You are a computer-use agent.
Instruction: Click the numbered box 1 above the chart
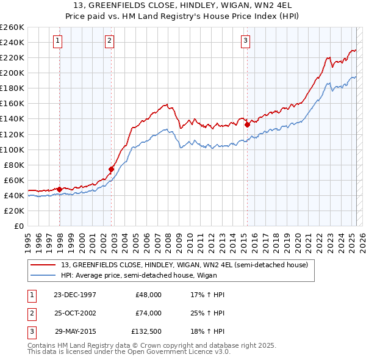pos(57,41)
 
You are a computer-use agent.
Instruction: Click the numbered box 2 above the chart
pos(109,41)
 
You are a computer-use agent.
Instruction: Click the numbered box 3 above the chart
pos(245,41)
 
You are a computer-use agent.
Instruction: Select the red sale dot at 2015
pos(247,124)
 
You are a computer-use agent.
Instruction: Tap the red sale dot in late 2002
pos(112,169)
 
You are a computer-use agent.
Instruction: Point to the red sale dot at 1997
pos(60,189)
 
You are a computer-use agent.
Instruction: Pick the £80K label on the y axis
pos(14,165)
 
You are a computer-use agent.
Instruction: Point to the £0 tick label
pos(19,226)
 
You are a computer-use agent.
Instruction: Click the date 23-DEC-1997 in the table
pos(74,295)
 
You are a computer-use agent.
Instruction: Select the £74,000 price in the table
pos(148,313)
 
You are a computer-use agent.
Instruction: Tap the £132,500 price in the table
pos(146,331)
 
